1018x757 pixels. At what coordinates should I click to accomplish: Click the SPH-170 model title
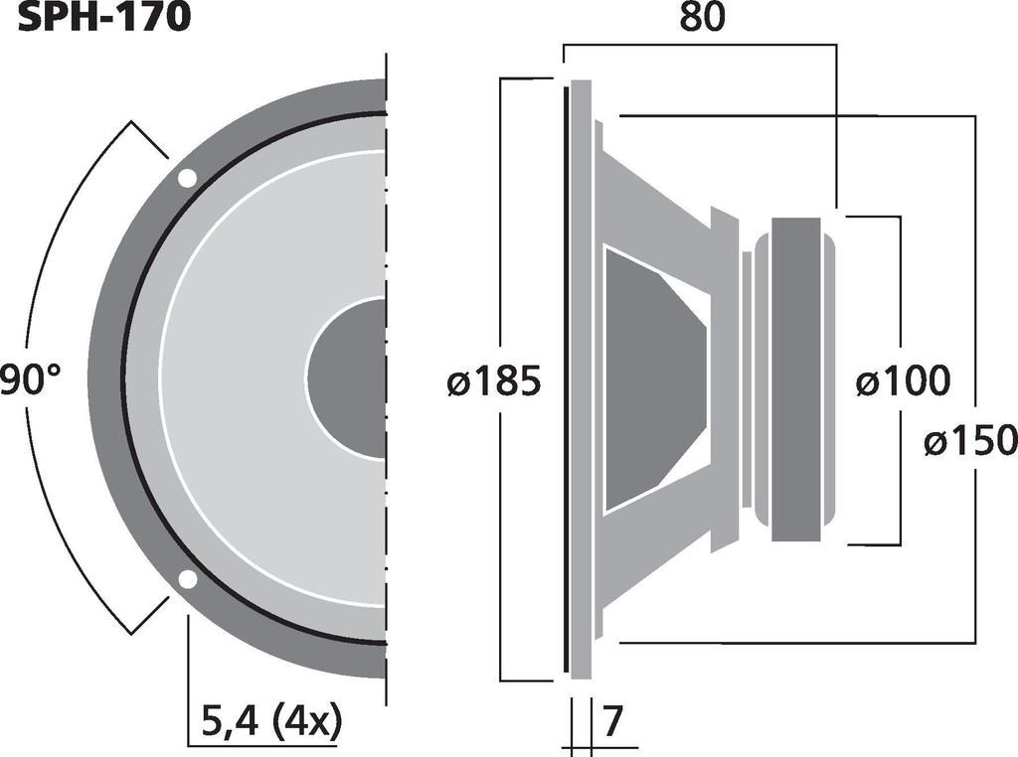pyautogui.click(x=103, y=17)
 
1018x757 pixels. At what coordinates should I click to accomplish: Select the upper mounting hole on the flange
pyautogui.click(x=187, y=179)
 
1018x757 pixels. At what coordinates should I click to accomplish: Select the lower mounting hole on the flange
pyautogui.click(x=186, y=580)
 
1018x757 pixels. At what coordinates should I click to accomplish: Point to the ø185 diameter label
pyautogui.click(x=494, y=381)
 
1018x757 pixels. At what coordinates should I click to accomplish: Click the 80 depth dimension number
pyautogui.click(x=701, y=17)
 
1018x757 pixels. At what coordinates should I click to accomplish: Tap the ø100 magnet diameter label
pyautogui.click(x=903, y=381)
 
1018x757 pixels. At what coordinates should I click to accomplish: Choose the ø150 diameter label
pyautogui.click(x=969, y=440)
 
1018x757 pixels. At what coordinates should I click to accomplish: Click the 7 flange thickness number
pyautogui.click(x=615, y=718)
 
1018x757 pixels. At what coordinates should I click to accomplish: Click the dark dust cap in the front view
pyautogui.click(x=348, y=378)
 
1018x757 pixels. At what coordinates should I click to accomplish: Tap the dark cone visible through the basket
pyautogui.click(x=651, y=378)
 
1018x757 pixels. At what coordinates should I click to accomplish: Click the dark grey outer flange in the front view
pyautogui.click(x=104, y=378)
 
